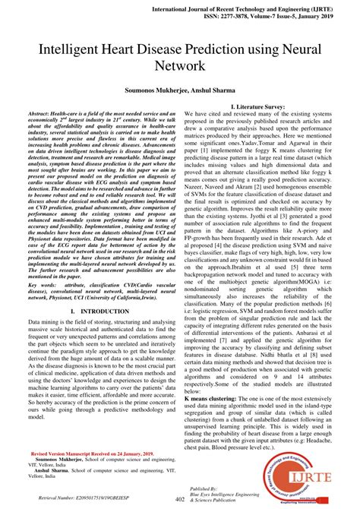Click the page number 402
tap(180, 500)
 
